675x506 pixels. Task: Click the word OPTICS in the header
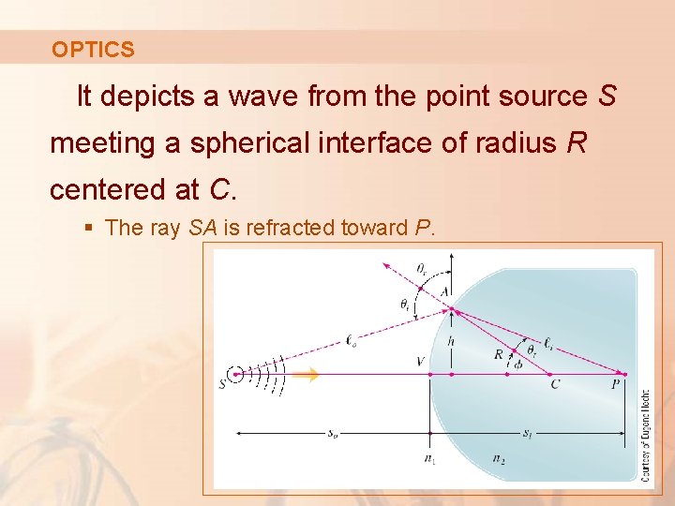[93, 50]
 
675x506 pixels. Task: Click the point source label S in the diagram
[222, 382]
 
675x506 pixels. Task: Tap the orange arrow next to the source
[306, 375]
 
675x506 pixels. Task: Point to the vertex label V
[419, 361]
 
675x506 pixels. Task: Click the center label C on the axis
[555, 384]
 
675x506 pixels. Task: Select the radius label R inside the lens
[499, 354]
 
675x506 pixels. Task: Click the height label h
[451, 341]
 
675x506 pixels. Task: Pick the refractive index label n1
[429, 458]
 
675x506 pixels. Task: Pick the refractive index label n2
[498, 458]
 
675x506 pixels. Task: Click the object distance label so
[333, 433]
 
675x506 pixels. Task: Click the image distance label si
[528, 433]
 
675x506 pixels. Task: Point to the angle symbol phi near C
[518, 365]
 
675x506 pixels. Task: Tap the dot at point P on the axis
[623, 374]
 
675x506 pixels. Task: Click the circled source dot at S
[238, 374]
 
